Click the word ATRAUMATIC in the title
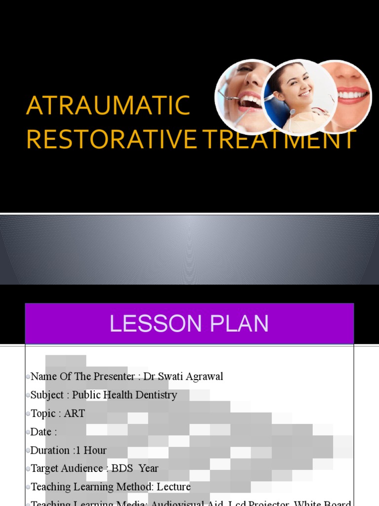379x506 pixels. (108, 106)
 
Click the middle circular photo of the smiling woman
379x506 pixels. (299, 97)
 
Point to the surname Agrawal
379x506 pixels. (204, 377)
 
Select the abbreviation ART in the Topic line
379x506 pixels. (75, 414)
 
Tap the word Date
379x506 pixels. (41, 432)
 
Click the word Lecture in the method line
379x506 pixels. (174, 487)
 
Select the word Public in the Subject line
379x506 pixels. (85, 395)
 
